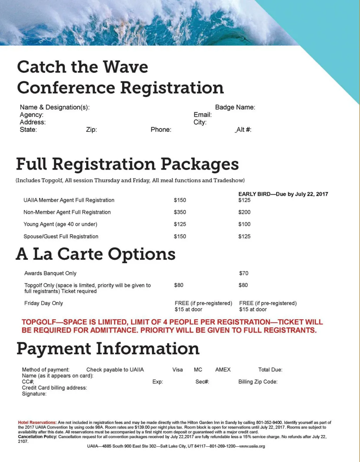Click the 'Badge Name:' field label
coord(235,107)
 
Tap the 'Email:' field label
coord(202,115)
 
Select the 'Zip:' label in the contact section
coord(91,130)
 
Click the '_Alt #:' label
coord(243,130)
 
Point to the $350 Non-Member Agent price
coord(180,212)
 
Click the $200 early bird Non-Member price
coord(244,212)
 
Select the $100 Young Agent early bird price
coord(244,224)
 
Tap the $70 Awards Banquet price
coord(244,273)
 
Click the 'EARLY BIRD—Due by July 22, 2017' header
coord(283,194)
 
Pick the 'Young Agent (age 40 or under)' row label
coord(60,224)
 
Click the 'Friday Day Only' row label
coord(44,303)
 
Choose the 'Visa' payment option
coord(178,370)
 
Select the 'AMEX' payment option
coord(223,370)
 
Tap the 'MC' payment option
coord(198,370)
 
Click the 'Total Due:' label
coord(270,370)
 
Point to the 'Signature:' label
coord(34,394)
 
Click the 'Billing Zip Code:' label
coord(258,382)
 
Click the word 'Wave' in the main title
coord(126,67)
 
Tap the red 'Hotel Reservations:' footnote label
coord(37,423)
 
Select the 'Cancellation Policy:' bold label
coord(38,437)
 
